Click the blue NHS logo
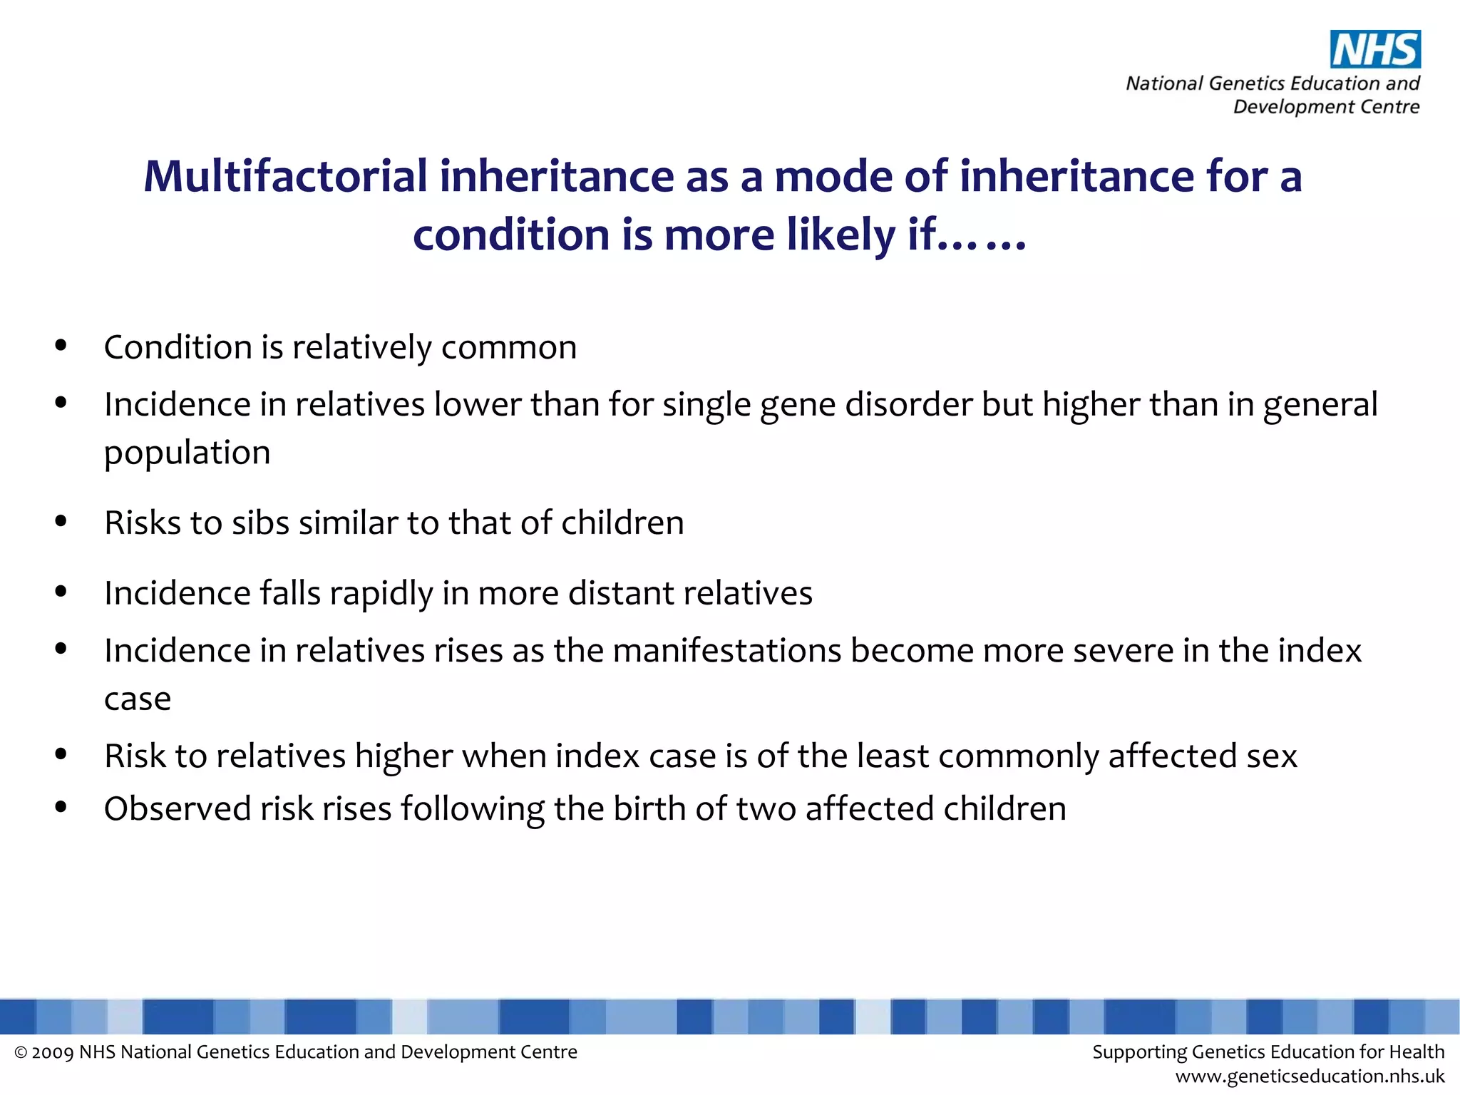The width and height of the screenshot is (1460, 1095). (1375, 49)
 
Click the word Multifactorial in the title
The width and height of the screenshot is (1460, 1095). (285, 176)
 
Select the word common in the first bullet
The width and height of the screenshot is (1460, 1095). (508, 348)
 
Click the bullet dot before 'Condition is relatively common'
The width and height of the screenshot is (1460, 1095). (61, 346)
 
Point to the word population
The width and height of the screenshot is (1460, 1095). (187, 453)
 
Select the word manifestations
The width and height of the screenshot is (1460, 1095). (726, 651)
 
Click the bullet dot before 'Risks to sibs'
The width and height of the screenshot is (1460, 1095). (61, 521)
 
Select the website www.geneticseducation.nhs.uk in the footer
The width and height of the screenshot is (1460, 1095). (1310, 1076)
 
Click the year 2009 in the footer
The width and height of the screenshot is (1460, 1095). (52, 1053)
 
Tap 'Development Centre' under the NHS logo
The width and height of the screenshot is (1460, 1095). (1326, 107)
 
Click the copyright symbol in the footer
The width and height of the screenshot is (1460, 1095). (21, 1053)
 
